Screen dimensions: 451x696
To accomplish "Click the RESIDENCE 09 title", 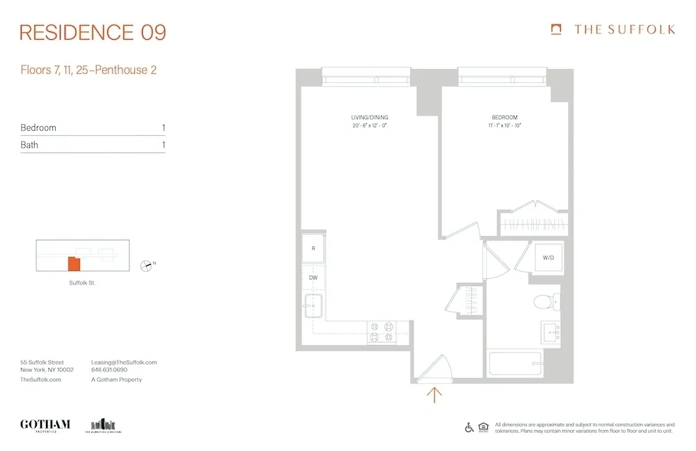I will pyautogui.click(x=93, y=32).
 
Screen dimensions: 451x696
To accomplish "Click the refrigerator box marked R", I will pyautogui.click(x=314, y=248).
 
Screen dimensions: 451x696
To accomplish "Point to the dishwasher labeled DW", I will pyautogui.click(x=314, y=277).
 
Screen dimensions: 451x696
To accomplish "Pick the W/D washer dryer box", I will pyautogui.click(x=547, y=258).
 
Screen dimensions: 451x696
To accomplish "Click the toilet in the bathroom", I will pyautogui.click(x=544, y=302).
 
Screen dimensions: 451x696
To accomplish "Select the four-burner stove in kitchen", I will pyautogui.click(x=381, y=332).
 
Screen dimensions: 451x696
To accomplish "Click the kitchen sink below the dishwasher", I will pyautogui.click(x=313, y=305).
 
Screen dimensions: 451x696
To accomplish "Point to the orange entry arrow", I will pyautogui.click(x=434, y=395).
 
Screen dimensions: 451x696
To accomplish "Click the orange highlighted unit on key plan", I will pyautogui.click(x=74, y=264).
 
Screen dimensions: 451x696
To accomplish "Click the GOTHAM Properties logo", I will pyautogui.click(x=45, y=425).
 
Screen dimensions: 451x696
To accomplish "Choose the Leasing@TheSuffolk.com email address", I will pyautogui.click(x=124, y=362).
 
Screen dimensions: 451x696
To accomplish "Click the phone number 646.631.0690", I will pyautogui.click(x=109, y=371).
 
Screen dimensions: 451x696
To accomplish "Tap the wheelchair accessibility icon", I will pyautogui.click(x=469, y=427).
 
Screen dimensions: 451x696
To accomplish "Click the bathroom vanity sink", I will pyautogui.click(x=551, y=332).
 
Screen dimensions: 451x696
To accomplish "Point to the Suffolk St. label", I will pyautogui.click(x=82, y=283).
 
